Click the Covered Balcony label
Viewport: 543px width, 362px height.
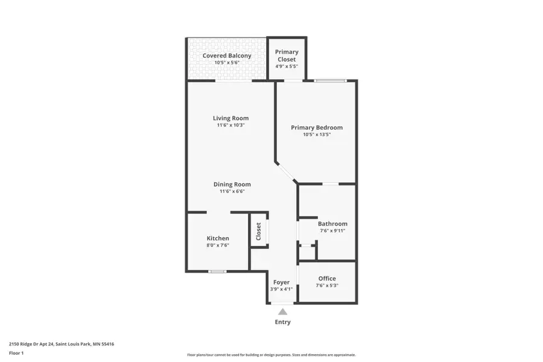[227, 56]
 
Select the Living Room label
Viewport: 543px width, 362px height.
[230, 118]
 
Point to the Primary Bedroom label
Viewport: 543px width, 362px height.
[317, 127]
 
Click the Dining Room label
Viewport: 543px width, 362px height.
[232, 185]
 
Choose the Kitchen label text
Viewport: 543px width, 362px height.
[218, 238]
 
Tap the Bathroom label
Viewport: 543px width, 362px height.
[332, 224]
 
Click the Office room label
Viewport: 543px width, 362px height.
[327, 279]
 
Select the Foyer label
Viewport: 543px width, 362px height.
[281, 282]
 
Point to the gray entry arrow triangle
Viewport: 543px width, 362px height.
[282, 311]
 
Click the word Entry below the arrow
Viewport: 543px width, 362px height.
[282, 322]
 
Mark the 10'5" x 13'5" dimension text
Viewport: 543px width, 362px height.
[317, 135]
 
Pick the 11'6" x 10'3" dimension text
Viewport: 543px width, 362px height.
[230, 125]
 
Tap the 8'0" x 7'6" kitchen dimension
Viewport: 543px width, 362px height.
[218, 246]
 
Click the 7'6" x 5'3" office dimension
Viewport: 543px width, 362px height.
[327, 285]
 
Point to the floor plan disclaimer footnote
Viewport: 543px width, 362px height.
[271, 355]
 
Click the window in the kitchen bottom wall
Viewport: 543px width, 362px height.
[217, 271]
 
